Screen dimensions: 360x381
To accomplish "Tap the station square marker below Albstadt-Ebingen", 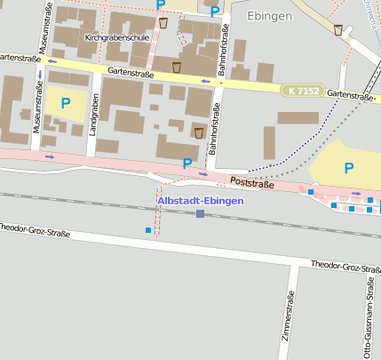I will (x=201, y=213).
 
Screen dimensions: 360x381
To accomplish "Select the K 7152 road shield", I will (x=303, y=91).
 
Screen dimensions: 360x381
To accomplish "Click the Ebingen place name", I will (x=270, y=16).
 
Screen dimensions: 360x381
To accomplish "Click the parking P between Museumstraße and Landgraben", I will (x=65, y=103).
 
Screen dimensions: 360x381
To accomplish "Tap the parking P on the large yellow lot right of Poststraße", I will (x=348, y=167).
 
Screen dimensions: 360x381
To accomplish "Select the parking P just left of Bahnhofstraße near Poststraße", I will (x=187, y=164).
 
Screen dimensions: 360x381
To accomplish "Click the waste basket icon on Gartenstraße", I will (x=177, y=68).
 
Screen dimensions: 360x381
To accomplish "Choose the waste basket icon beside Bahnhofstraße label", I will (x=198, y=132).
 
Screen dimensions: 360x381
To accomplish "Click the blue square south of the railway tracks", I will (x=148, y=230).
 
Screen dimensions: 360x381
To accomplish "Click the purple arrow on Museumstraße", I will (x=38, y=73).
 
